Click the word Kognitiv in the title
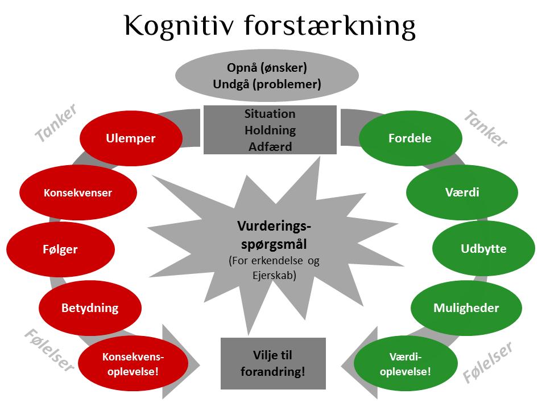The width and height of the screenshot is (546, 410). click(x=179, y=26)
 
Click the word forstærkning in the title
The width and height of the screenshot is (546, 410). click(x=330, y=26)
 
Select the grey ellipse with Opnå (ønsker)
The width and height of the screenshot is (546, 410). click(x=267, y=76)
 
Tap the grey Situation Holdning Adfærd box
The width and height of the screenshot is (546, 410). click(x=270, y=130)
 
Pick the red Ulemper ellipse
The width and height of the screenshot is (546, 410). click(x=131, y=138)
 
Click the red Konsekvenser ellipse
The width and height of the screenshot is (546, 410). click(x=78, y=192)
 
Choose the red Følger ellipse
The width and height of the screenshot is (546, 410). click(x=61, y=249)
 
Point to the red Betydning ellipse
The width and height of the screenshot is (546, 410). click(x=90, y=308)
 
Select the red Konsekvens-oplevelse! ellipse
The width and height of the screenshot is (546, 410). click(x=133, y=364)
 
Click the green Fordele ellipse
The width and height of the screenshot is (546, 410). click(x=410, y=138)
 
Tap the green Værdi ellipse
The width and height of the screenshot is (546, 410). click(x=462, y=192)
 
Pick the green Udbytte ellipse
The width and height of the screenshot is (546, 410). click(x=483, y=249)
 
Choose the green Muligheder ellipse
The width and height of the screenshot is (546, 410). click(x=466, y=308)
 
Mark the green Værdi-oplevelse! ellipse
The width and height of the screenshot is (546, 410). click(x=406, y=364)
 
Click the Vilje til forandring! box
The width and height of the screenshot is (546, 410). click(x=274, y=363)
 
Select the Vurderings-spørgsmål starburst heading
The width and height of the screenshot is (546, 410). click(x=274, y=235)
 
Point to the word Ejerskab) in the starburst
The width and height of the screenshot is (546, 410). click(x=274, y=276)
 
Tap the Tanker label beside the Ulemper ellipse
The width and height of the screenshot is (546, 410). click(x=56, y=123)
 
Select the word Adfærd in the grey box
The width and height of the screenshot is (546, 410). click(x=270, y=146)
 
